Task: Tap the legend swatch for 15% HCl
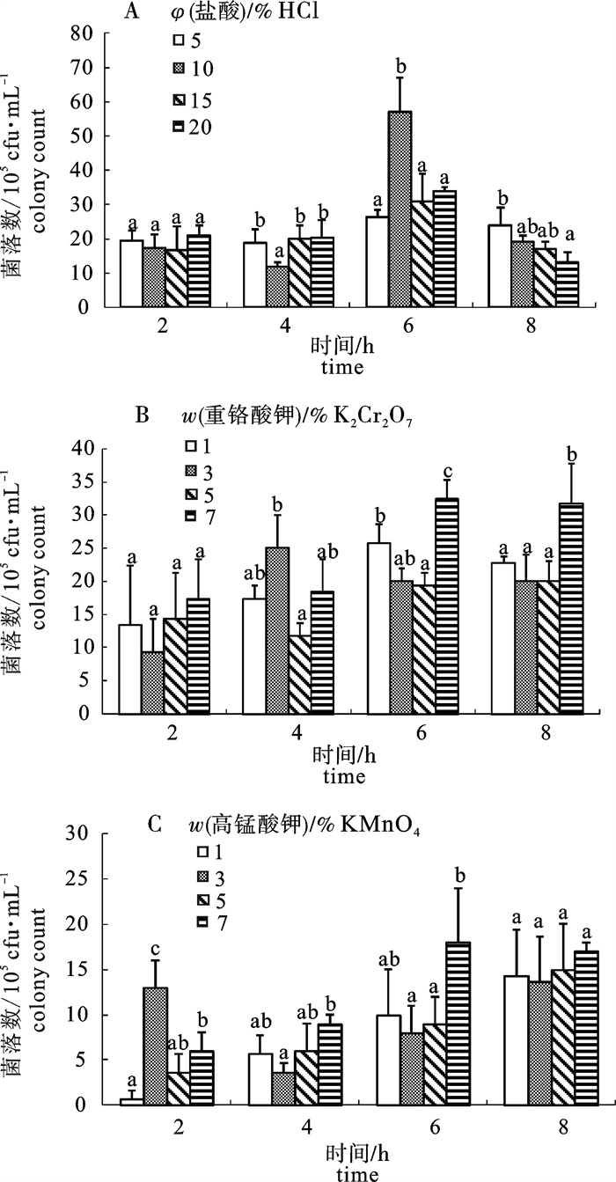tap(178, 100)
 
